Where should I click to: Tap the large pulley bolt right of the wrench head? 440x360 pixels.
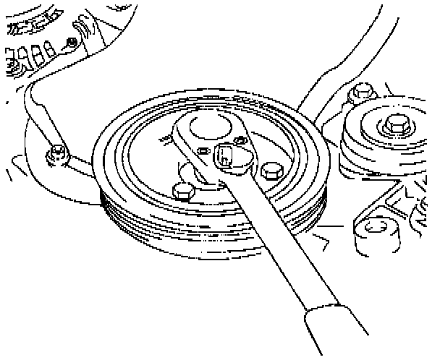(271, 171)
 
